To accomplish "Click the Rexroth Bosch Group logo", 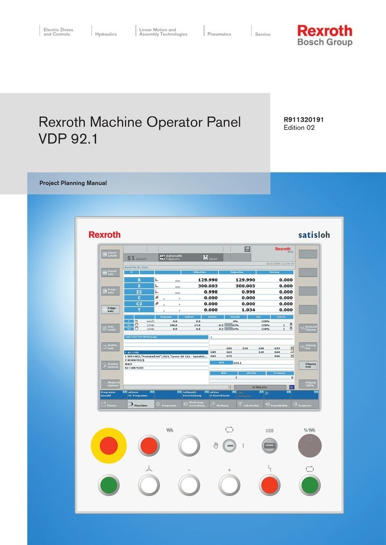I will pyautogui.click(x=325, y=36).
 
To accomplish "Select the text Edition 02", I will pyautogui.click(x=300, y=128).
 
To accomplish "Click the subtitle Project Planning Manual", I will pyautogui.click(x=73, y=183).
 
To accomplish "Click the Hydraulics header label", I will pyautogui.click(x=106, y=34).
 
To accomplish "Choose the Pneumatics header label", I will pyautogui.click(x=219, y=34).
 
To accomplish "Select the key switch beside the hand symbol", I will pyautogui.click(x=229, y=446).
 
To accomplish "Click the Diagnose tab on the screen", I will pyautogui.click(x=303, y=405).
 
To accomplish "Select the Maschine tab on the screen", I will pyautogui.click(x=140, y=405).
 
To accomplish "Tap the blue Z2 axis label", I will pyautogui.click(x=139, y=292).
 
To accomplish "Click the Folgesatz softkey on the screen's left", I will pyautogui.click(x=110, y=310).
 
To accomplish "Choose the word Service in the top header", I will pyautogui.click(x=263, y=34).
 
